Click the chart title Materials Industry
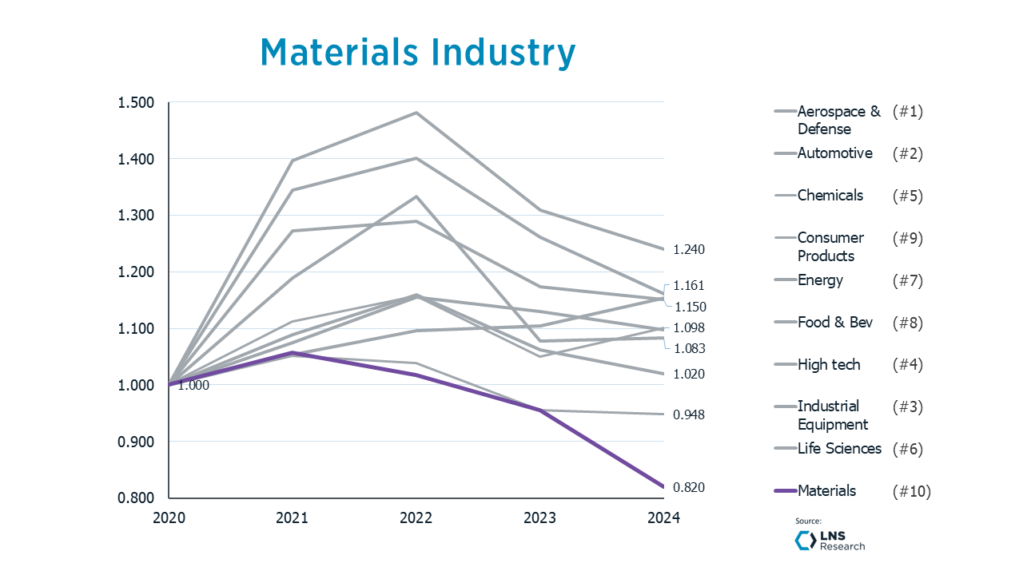[x=417, y=53]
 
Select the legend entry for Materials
[x=826, y=491]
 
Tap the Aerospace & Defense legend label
[x=838, y=121]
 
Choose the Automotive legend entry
[x=834, y=153]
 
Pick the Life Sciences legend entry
[x=838, y=449]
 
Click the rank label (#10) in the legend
[x=911, y=491]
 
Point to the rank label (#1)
[x=907, y=112]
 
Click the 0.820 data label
[x=688, y=488]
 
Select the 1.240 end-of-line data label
[x=688, y=250]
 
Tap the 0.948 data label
[x=688, y=415]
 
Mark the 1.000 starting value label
[x=193, y=386]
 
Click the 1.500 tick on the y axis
[x=135, y=103]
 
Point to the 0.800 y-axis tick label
[x=135, y=498]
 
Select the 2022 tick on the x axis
[x=416, y=517]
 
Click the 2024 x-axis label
[x=663, y=517]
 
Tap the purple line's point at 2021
[x=293, y=352]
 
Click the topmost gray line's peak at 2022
[x=416, y=113]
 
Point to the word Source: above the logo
[x=808, y=521]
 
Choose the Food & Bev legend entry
[x=834, y=323]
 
